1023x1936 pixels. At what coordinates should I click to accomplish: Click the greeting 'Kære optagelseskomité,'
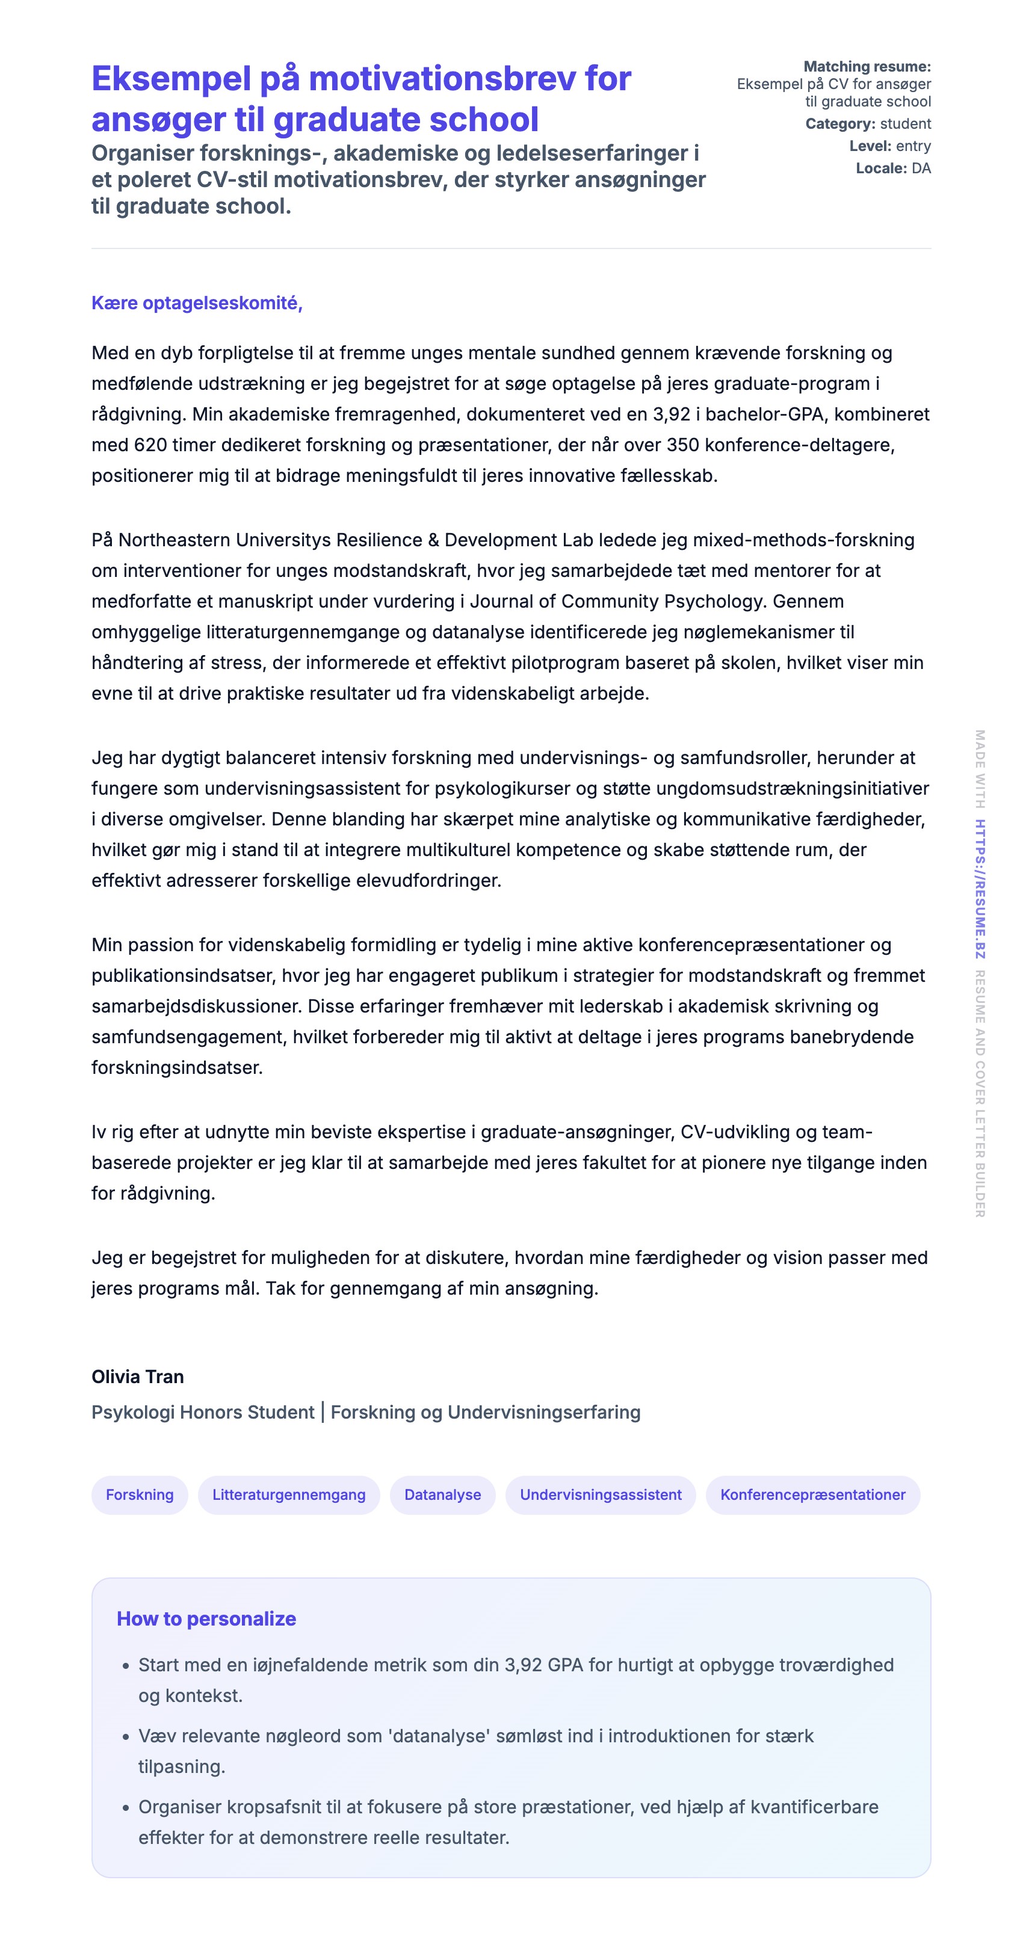(197, 303)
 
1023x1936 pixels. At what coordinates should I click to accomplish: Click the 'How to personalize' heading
(206, 1618)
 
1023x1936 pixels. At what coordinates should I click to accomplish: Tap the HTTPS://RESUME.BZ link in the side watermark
(980, 889)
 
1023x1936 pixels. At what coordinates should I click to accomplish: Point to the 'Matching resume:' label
(867, 67)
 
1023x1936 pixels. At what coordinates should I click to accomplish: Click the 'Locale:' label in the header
(881, 168)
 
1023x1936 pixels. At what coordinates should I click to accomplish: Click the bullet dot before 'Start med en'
(126, 1666)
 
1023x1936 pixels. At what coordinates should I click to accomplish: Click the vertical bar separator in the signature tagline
(323, 1412)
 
